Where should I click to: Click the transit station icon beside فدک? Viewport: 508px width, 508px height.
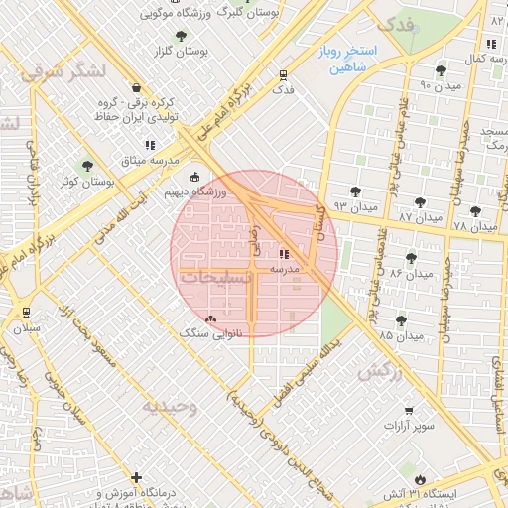(x=284, y=74)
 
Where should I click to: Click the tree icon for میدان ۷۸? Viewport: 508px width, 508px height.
(x=476, y=210)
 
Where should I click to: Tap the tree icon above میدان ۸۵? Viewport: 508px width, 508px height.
(x=401, y=320)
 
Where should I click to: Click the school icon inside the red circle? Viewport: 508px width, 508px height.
(x=285, y=254)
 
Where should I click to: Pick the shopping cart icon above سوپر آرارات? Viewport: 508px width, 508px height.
(x=409, y=411)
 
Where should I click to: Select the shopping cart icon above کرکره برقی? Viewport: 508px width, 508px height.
(x=149, y=88)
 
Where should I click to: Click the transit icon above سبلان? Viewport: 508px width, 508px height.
(x=24, y=311)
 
